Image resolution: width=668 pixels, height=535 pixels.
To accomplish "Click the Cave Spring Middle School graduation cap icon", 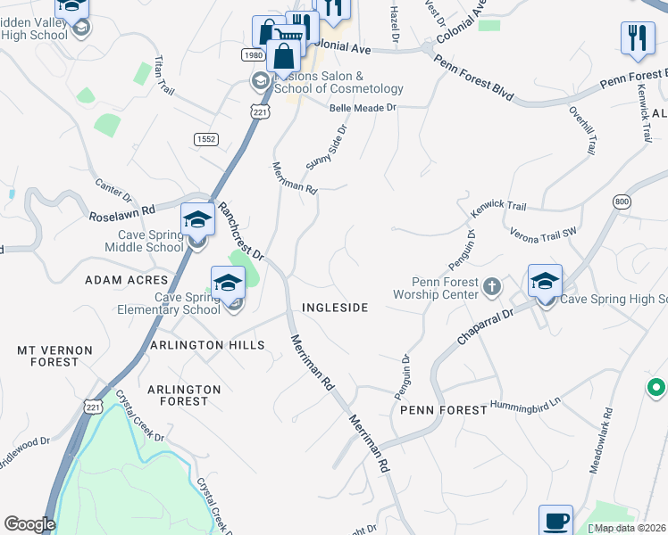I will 197,219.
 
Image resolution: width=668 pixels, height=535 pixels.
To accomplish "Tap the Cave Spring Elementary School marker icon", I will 228,284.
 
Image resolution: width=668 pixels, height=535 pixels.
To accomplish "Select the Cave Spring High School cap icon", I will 544,282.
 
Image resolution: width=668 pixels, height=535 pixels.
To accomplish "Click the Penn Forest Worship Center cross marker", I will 490,286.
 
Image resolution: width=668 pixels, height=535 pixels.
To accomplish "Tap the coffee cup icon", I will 555,521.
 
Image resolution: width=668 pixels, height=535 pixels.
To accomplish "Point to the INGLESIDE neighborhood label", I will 335,308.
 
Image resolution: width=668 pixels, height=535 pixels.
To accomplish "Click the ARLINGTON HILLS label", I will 207,345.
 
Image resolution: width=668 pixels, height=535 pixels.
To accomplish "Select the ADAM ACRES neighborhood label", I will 126,280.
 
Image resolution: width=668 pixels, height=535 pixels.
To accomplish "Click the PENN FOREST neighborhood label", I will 443,410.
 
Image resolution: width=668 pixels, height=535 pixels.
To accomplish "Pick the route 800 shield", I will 622,202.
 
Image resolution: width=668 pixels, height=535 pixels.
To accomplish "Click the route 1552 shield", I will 206,138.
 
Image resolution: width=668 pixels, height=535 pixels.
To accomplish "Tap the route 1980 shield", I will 252,55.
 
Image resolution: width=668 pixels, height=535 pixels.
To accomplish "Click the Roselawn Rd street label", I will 122,213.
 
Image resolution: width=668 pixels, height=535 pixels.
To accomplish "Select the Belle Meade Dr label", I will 362,107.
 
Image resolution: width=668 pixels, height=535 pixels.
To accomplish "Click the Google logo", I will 29,524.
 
